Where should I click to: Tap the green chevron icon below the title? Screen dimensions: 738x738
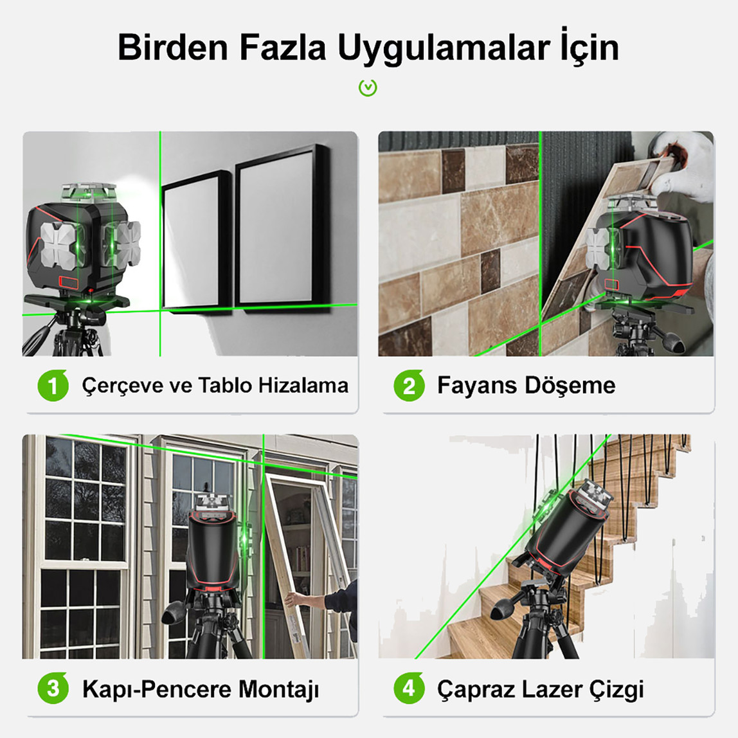(368, 87)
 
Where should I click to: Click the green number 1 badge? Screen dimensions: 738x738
(53, 386)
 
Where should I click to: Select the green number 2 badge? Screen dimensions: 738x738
(409, 386)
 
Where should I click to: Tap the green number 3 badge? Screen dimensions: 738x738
(53, 689)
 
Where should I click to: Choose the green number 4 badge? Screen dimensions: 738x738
(409, 689)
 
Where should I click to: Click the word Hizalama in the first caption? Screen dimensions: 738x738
(303, 386)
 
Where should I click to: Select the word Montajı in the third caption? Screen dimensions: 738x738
(278, 689)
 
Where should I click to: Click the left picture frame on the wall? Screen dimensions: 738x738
(195, 241)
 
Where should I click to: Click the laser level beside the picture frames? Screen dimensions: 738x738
(84, 241)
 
